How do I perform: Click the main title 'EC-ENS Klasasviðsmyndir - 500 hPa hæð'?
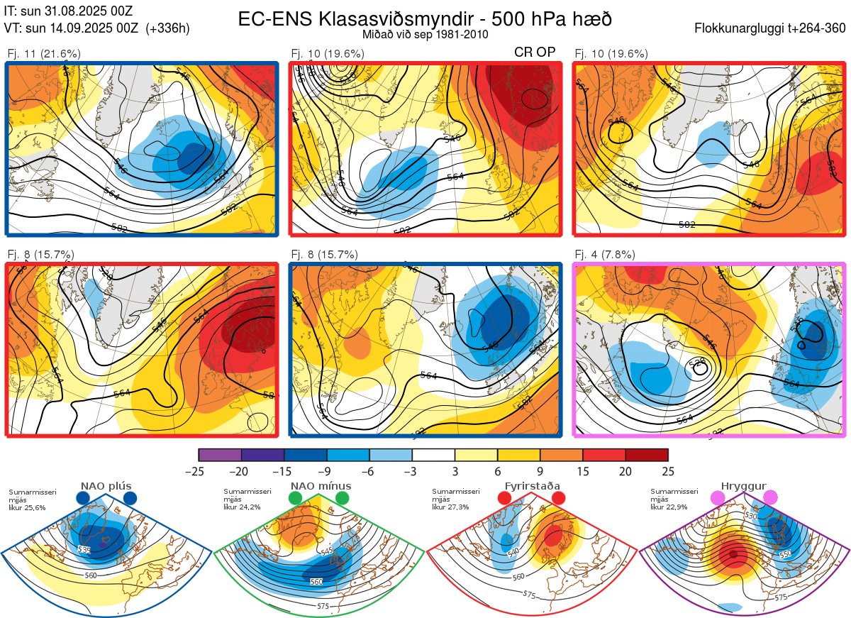pyautogui.click(x=425, y=18)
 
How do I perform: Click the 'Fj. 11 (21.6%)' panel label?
pyautogui.click(x=44, y=53)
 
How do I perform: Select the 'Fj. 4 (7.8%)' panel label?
pyautogui.click(x=604, y=254)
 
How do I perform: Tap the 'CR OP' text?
pyautogui.click(x=535, y=52)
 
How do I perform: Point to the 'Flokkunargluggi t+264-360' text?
pyautogui.click(x=772, y=28)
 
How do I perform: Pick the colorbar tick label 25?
pyautogui.click(x=667, y=471)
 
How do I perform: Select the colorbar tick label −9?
pyautogui.click(x=327, y=471)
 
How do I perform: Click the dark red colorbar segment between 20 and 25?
pyautogui.click(x=646, y=455)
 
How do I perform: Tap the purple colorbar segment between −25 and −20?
pyautogui.click(x=220, y=455)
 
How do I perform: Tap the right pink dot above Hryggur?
pyautogui.click(x=770, y=498)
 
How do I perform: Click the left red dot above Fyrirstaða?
pyautogui.click(x=505, y=498)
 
